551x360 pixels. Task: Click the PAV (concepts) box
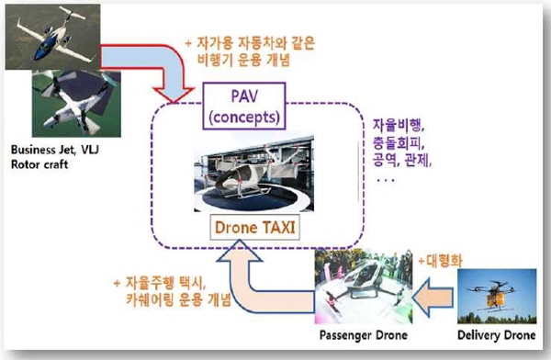(x=244, y=106)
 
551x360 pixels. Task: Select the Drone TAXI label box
(x=254, y=228)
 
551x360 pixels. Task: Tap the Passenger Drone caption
(x=364, y=335)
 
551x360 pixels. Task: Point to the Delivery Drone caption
(x=497, y=334)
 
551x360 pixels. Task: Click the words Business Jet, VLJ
(x=55, y=150)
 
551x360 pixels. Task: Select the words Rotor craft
(x=39, y=164)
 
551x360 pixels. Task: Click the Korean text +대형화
(x=440, y=261)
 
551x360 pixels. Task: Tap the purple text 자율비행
(x=399, y=125)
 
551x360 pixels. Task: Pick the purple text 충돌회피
(x=399, y=142)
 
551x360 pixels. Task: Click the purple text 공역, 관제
(x=402, y=161)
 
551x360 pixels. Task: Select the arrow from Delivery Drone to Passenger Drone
(x=433, y=298)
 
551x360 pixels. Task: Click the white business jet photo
(x=52, y=37)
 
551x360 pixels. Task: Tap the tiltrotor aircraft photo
(x=76, y=104)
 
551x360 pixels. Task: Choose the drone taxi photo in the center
(x=253, y=174)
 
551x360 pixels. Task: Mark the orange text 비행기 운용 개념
(x=244, y=60)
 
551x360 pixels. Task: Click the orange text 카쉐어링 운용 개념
(x=178, y=299)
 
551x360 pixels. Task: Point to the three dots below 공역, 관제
(x=386, y=180)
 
